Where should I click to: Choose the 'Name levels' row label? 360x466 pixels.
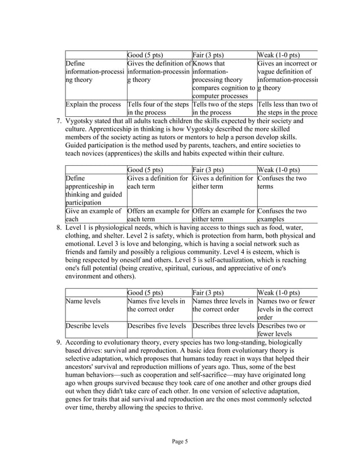tap(84, 301)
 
